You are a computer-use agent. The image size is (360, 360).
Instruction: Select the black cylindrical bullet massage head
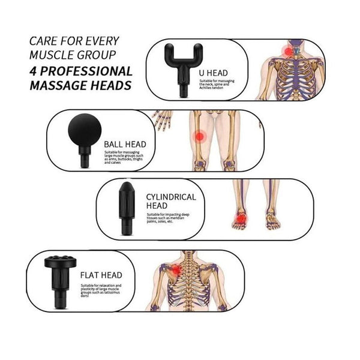tap(127, 207)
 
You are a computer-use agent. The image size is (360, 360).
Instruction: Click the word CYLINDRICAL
tap(171, 196)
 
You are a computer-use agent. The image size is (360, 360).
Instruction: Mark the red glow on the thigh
tap(199, 136)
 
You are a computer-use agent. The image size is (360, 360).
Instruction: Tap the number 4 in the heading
tap(33, 71)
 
